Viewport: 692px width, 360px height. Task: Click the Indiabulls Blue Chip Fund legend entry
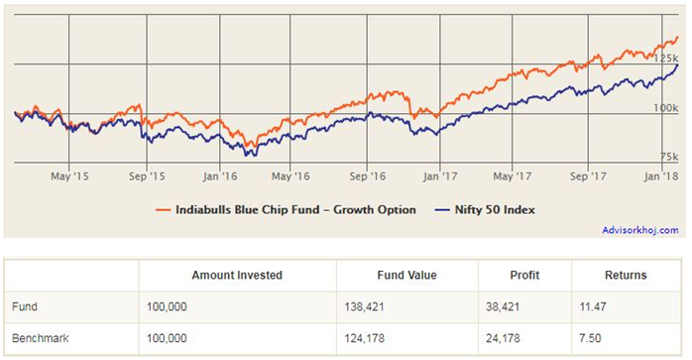[x=288, y=209]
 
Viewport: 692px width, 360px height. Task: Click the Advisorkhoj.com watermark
[x=639, y=230]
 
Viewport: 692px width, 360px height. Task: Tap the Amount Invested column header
[x=237, y=275]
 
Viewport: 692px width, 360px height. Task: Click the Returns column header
[x=626, y=275]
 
